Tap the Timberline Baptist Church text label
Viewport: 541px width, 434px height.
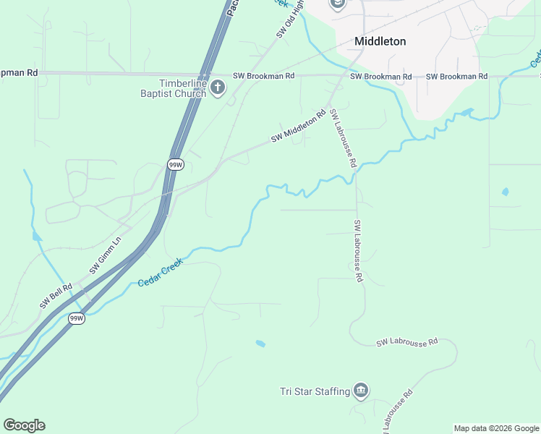point(174,88)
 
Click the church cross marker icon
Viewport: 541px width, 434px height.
point(218,88)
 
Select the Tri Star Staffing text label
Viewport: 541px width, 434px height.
point(315,392)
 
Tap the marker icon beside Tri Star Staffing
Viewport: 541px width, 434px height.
point(362,392)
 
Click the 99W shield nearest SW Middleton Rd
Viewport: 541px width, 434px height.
point(175,165)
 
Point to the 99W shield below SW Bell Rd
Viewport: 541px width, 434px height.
point(77,318)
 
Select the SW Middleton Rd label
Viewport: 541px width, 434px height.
point(299,126)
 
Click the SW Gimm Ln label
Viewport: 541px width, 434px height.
point(106,255)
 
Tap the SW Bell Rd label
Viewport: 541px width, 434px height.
point(56,297)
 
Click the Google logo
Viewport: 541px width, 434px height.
point(24,425)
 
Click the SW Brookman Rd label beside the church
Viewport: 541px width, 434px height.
point(263,76)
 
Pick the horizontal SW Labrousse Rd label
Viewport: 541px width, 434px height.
point(406,341)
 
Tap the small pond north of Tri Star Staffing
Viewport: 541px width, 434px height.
point(260,344)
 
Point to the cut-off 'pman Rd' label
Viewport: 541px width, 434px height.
point(19,73)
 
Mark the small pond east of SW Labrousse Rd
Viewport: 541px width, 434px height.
point(505,192)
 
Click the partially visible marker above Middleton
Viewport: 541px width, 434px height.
point(337,4)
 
